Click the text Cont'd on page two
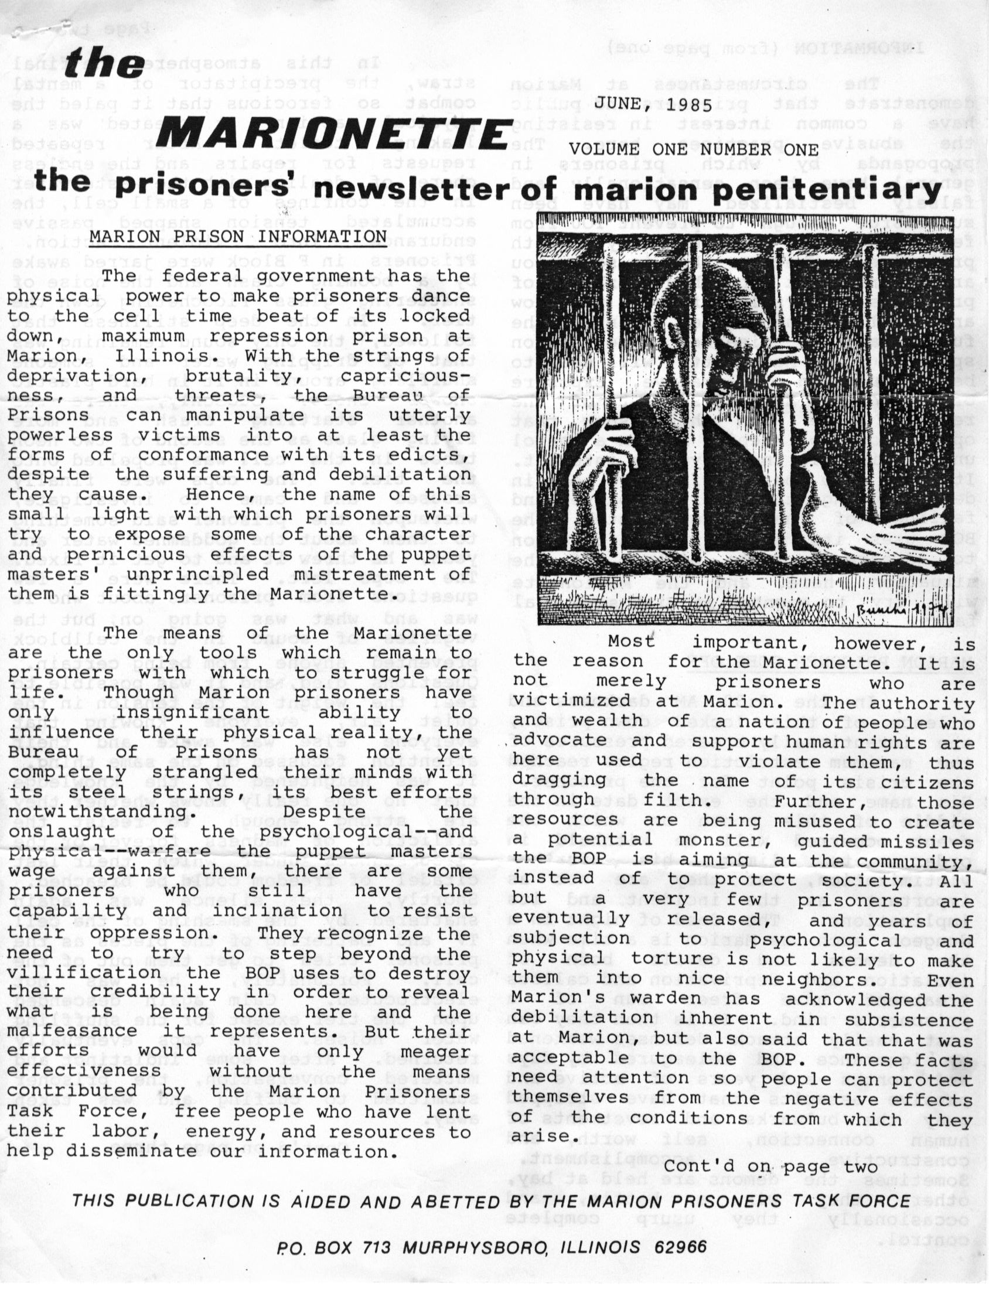(770, 1166)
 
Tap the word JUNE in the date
(618, 106)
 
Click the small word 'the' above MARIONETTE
(104, 63)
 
